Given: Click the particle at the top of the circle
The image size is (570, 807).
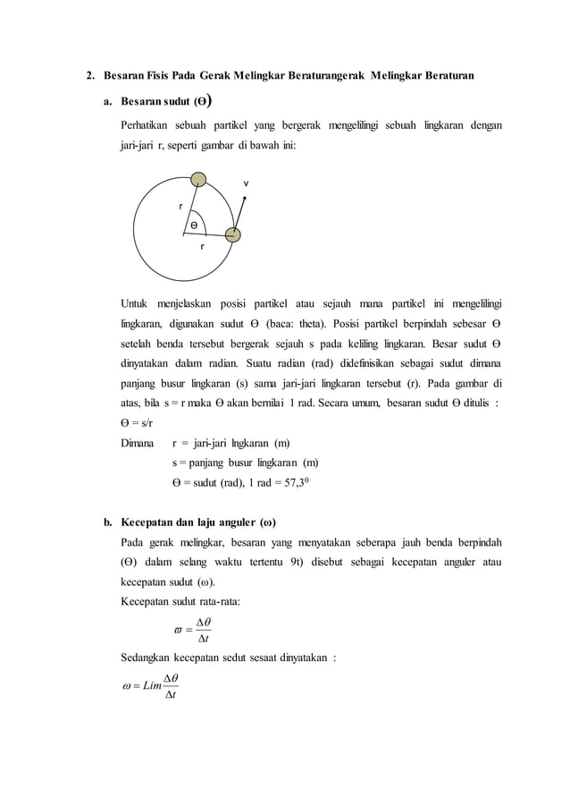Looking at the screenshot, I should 200,181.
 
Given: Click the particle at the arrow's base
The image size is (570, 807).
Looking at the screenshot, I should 233,234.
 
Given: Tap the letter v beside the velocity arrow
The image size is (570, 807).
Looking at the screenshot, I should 247,184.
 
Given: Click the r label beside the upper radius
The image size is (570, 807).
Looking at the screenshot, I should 180,206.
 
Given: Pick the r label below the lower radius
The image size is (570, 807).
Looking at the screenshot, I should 202,245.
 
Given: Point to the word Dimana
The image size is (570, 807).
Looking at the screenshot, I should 139,443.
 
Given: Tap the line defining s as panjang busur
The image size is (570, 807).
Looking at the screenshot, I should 246,463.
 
